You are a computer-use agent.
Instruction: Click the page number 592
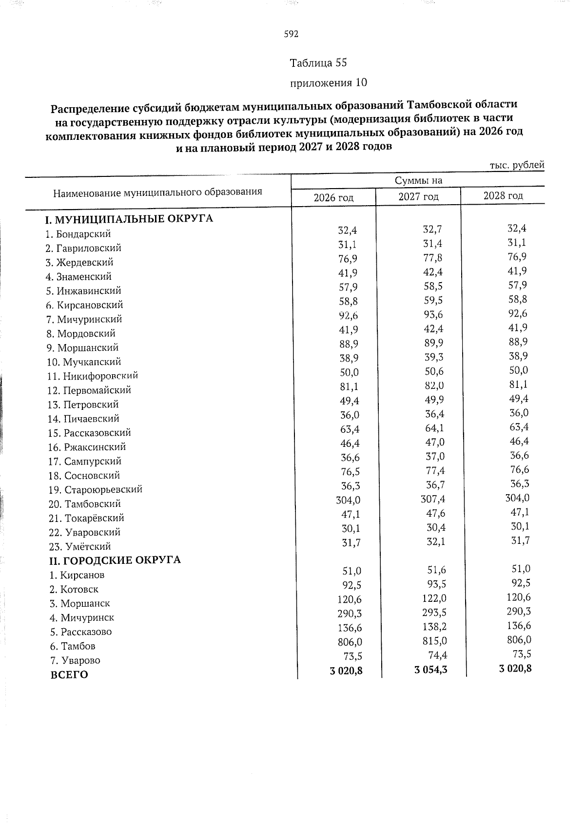[291, 34]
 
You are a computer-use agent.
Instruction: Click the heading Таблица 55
[318, 63]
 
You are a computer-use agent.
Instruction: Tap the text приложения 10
[328, 83]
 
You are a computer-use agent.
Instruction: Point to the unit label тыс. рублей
[517, 165]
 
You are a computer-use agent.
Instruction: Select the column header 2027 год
[418, 197]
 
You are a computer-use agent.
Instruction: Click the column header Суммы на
[418, 181]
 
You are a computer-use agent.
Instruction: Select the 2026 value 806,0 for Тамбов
[349, 642]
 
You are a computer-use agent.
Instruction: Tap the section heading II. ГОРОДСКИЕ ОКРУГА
[113, 560]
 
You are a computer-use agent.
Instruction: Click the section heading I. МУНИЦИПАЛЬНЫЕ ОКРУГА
[129, 218]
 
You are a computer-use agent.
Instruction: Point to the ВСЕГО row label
[69, 675]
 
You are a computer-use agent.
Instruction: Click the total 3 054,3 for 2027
[431, 670]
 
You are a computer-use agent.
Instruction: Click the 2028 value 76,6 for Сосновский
[519, 470]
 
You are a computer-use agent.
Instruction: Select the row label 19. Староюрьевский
[95, 490]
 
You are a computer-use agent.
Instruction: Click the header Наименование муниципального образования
[157, 192]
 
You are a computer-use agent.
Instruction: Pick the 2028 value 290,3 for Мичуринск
[517, 612]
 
